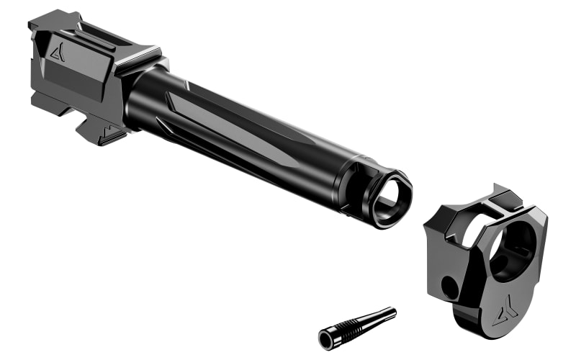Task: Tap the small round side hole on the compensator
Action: click(450, 288)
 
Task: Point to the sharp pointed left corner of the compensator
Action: click(427, 229)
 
